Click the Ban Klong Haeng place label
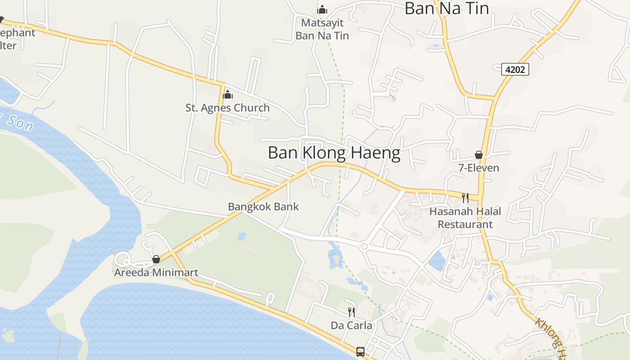coord(334,153)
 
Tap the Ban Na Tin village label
coord(446,8)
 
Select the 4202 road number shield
coord(515,69)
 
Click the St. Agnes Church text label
coord(228,108)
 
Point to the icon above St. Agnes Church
coord(228,94)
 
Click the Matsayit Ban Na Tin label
coord(322,29)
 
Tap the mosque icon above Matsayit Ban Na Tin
coord(322,9)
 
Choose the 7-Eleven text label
coord(478,168)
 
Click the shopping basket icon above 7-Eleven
coord(479,155)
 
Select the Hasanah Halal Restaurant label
coord(465,218)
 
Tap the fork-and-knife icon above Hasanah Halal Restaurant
coord(465,198)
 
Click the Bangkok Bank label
coord(263,207)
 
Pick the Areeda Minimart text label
coord(156,273)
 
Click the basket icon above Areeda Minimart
coord(156,259)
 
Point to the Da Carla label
coord(351,325)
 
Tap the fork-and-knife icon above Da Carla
coord(351,312)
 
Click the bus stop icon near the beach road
coord(360,351)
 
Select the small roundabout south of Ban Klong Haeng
coord(364,246)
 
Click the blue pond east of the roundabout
coord(436,261)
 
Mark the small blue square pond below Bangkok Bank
coord(242,236)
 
